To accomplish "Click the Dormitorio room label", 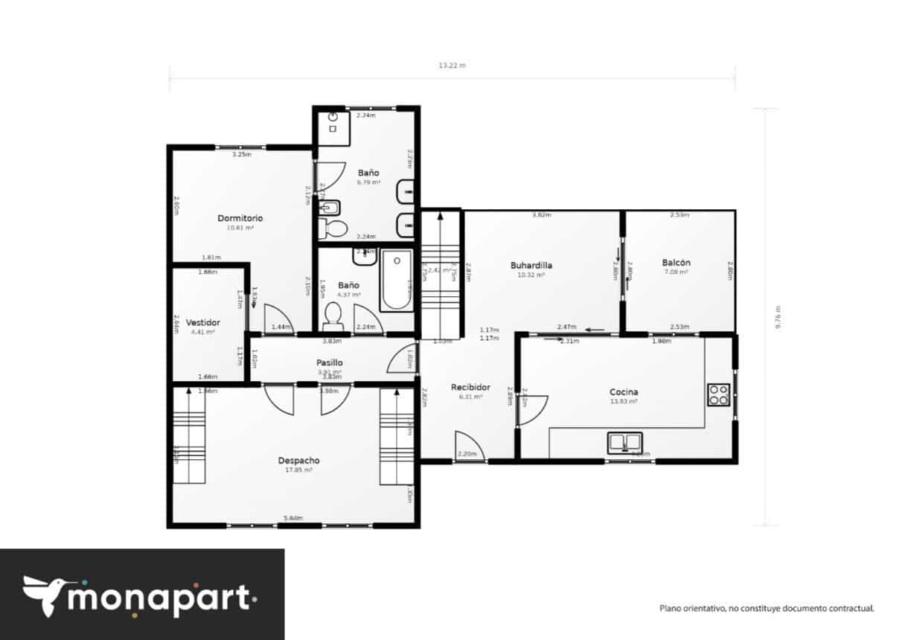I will coord(240,218).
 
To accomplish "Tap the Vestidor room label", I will coord(202,322).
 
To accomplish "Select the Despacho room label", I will coord(298,461).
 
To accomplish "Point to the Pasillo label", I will coord(329,362).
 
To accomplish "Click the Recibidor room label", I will coord(470,387).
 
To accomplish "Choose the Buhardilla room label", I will coord(531,264).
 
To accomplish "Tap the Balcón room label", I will coord(676,262).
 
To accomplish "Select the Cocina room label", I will coord(623,391).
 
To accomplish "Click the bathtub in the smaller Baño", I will coord(396,281).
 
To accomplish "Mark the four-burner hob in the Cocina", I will coord(718,394).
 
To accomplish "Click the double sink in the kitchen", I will coord(624,442).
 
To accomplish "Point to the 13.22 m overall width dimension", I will coord(452,65).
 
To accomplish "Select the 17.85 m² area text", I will coord(298,470).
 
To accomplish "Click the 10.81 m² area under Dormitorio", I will coord(240,228).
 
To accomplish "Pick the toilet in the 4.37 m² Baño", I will coord(333,316).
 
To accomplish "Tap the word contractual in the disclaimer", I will coord(851,608).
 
